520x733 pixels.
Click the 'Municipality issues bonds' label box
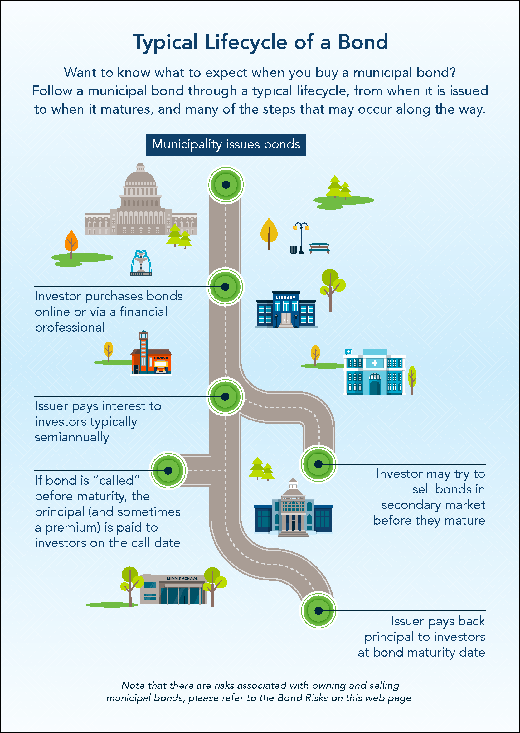[x=226, y=145]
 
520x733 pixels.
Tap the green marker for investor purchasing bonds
[x=226, y=287]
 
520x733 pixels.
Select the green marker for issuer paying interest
[x=226, y=396]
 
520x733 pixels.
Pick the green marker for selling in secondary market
[x=318, y=464]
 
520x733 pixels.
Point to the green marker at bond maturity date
[x=318, y=611]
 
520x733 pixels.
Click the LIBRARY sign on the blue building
[x=286, y=298]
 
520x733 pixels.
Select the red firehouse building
[x=151, y=358]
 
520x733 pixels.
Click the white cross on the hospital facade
[x=374, y=363]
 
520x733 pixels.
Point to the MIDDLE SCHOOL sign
[x=182, y=579]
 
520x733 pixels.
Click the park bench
[x=319, y=248]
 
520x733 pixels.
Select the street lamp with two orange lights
[x=301, y=237]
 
